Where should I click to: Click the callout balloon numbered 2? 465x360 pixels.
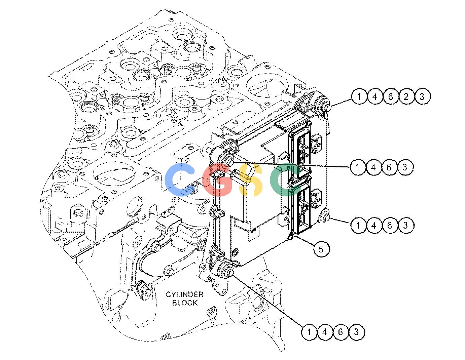click(x=406, y=97)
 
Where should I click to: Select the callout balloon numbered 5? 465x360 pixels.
click(x=321, y=249)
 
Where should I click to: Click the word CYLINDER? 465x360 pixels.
click(x=185, y=294)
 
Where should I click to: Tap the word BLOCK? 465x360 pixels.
click(x=185, y=303)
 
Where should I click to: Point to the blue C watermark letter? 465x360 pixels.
click(x=180, y=179)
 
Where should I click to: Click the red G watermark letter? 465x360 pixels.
click(x=217, y=180)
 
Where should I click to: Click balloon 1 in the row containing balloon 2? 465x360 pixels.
click(x=359, y=97)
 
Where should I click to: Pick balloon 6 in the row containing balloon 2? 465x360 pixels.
click(x=390, y=97)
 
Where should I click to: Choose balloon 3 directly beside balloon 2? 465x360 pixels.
click(x=422, y=97)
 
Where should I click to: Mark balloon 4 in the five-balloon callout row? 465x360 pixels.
click(x=374, y=97)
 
